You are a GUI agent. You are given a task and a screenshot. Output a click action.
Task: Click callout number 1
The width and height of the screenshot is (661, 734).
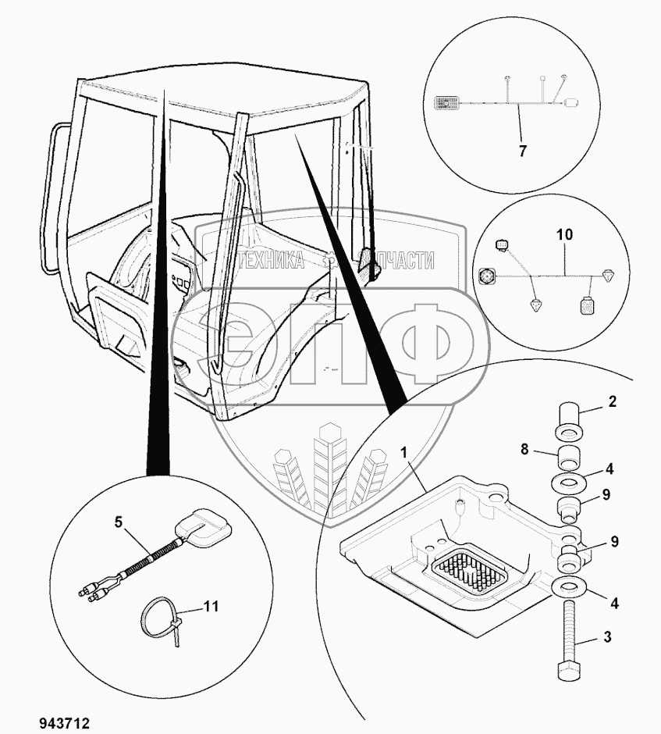tap(404, 451)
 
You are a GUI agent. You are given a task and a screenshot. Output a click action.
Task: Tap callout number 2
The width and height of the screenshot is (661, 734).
tap(613, 403)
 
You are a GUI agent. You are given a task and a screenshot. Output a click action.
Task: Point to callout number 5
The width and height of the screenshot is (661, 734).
tap(119, 522)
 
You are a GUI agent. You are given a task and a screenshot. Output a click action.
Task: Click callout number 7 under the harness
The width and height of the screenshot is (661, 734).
tap(522, 151)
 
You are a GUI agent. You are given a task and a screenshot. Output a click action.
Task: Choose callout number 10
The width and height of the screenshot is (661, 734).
tap(564, 234)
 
